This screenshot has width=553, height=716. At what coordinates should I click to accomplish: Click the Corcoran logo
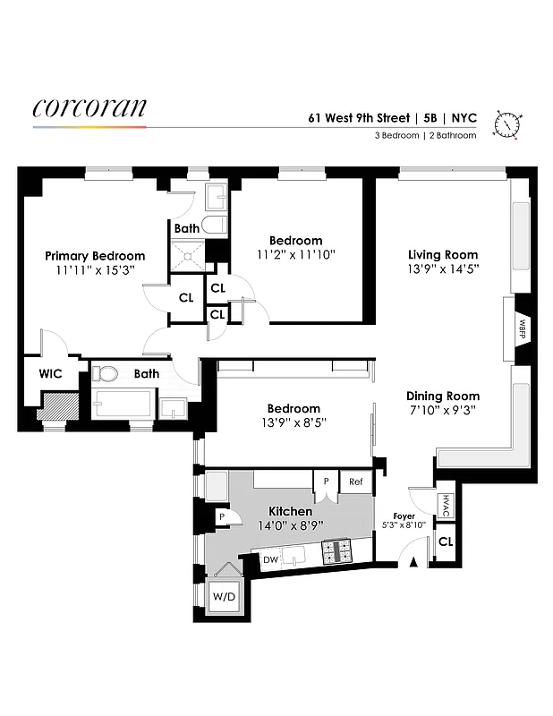point(89,108)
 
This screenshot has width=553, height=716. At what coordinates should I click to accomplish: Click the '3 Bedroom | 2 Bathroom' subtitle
point(425,136)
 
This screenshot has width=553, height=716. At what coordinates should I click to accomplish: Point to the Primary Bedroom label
point(95,256)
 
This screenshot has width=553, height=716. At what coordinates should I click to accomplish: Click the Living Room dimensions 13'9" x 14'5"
point(443,269)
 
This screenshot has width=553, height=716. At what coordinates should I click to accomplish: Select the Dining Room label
point(443,396)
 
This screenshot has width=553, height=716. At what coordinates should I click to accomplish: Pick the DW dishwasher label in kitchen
point(270,560)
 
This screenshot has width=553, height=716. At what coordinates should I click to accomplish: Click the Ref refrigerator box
point(356,482)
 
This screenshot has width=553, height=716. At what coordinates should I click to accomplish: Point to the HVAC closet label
point(445,507)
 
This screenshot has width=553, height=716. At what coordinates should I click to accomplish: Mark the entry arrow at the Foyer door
point(413,562)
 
